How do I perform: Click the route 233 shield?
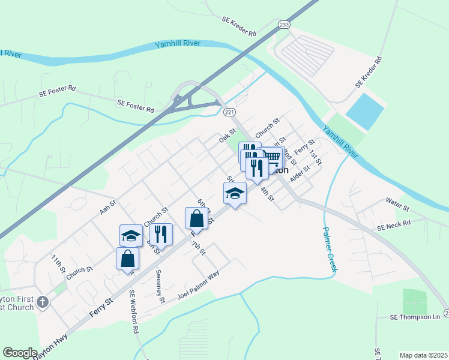coord(284,25)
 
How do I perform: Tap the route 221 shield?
coord(229,112)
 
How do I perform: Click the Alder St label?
coord(299,175)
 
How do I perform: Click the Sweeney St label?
coord(160,287)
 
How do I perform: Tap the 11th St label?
coord(58,264)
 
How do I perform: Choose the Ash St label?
coord(108,208)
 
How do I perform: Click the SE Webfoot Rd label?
coord(134,312)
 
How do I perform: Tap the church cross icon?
coord(43,302)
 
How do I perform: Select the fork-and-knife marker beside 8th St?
coord(161,234)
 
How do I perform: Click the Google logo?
coord(20,353)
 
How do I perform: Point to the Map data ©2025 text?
coord(423,355)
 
